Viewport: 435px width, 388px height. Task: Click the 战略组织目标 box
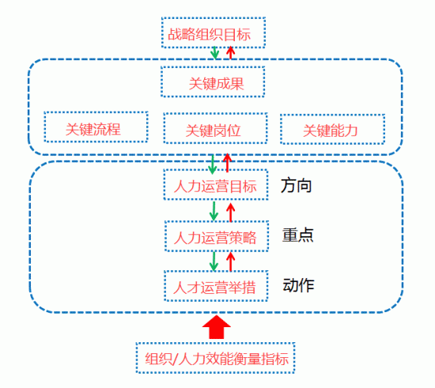214,32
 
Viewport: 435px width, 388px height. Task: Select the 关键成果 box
213,81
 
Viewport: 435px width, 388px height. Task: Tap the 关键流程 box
96,127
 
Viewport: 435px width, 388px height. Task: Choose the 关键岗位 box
216,128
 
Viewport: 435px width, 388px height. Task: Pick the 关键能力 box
332,129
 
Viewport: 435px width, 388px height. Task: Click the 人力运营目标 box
216,185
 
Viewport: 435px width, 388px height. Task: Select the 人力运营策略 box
217,236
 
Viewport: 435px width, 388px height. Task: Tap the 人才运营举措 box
216,286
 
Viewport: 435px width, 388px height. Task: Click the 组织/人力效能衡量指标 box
215,358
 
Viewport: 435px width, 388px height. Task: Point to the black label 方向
297,186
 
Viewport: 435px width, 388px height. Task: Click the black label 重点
298,235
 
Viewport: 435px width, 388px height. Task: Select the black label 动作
298,285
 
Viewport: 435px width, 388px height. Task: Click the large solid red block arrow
217,327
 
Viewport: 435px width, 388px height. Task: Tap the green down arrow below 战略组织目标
214,53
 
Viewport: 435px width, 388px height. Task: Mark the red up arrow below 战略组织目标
230,53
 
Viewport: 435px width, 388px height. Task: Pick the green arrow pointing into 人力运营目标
213,164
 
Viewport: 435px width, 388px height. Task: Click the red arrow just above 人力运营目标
228,163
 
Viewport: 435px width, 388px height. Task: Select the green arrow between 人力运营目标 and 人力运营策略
214,211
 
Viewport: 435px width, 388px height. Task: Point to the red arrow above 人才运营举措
230,262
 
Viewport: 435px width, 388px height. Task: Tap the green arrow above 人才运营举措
214,261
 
